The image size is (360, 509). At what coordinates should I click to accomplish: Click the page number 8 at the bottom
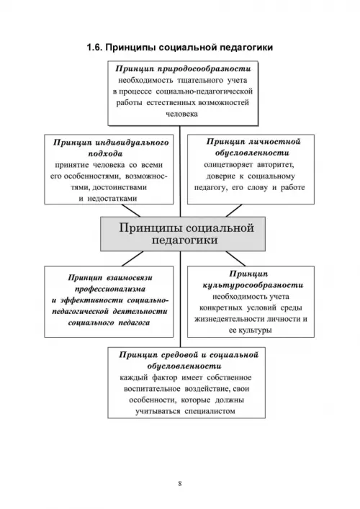coord(180,483)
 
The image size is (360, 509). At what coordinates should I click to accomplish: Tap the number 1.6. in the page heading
coord(94,48)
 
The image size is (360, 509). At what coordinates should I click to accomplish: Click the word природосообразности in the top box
coord(204,69)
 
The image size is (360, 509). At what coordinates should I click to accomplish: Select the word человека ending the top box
coord(181,114)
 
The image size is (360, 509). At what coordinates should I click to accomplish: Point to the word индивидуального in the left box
coord(132,143)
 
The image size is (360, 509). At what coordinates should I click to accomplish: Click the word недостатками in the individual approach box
coord(112,198)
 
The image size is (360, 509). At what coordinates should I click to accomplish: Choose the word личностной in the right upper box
coord(274,142)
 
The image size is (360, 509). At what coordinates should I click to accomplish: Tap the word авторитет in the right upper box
coord(275,165)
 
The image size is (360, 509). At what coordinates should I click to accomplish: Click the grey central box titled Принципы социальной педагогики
coord(183,234)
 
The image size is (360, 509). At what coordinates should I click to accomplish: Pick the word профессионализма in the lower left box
coord(110,289)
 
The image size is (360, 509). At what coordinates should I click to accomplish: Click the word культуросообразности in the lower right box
coord(253,285)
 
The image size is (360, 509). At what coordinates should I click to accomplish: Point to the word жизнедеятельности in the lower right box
coord(229,319)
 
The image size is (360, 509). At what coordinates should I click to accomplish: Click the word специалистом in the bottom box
coord(210,411)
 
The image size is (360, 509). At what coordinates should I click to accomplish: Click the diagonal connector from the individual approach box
coord(130,211)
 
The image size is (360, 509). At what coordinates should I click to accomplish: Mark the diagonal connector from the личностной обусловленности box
coord(234,211)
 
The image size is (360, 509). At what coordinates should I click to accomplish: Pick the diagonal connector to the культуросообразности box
coord(235,258)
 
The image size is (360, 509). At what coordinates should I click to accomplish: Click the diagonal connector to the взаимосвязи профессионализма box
coord(132,258)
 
